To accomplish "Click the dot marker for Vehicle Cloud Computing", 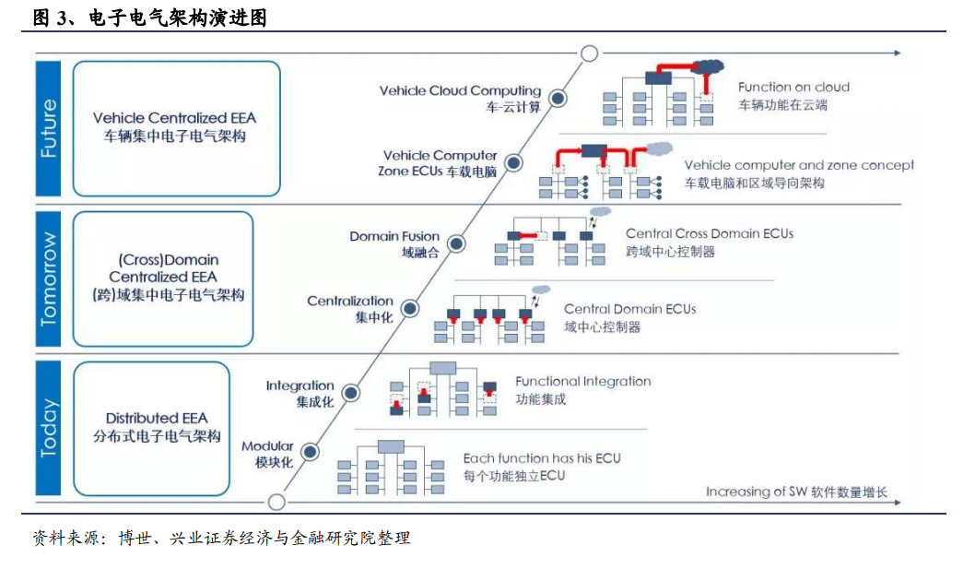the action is pos(558,99).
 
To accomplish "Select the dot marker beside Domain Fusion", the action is pos(456,243).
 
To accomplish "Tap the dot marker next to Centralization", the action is pos(410,308).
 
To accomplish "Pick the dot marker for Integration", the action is pos(351,393).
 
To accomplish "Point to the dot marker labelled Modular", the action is pos(310,452).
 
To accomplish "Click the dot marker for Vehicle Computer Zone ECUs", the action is pos(513,163).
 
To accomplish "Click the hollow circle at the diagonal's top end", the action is pos(590,53).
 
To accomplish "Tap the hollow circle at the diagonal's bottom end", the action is pos(276,502).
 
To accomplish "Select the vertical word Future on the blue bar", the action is pos(49,128).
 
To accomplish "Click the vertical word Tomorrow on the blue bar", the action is pos(49,279).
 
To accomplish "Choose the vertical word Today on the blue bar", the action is pos(49,428).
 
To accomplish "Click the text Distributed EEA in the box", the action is pos(157,418).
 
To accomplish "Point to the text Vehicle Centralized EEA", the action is pos(175,118).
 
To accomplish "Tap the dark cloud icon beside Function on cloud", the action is pos(708,65).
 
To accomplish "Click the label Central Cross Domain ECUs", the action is pos(710,233).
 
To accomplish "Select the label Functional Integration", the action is pos(583,381).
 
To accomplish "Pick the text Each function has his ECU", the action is pos(542,458).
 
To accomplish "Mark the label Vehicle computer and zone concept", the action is pos(800,165).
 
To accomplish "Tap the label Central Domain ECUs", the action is pos(630,309).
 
